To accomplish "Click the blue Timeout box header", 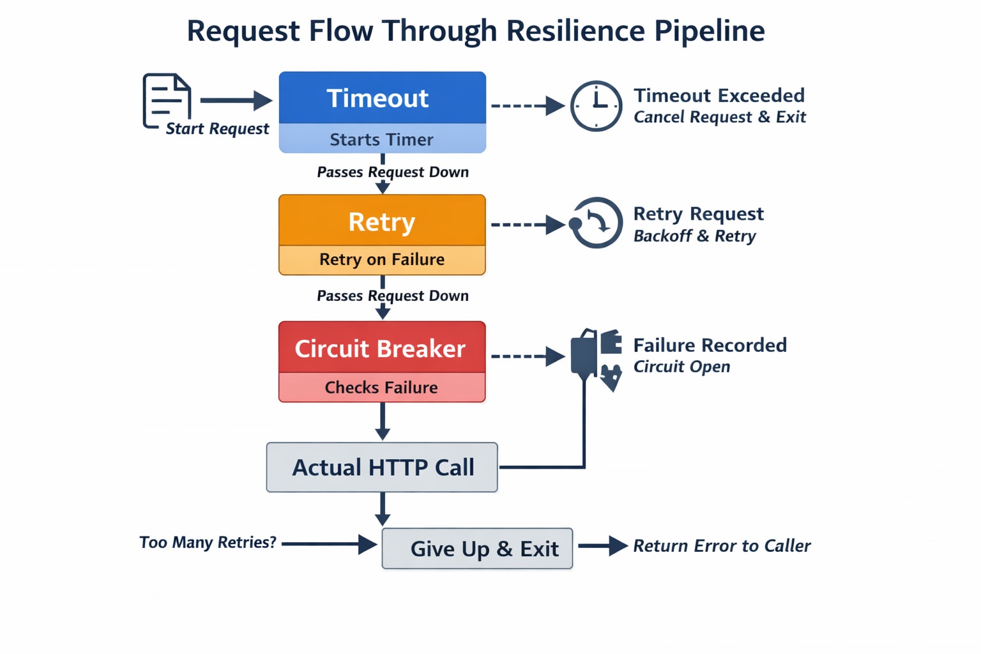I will pos(382,98).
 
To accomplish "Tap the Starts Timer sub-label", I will pos(382,139).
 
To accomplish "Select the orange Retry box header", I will pos(382,221).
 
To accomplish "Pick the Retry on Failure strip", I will pos(382,259).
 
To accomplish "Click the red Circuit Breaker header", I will pos(382,348).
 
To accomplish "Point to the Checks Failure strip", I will pos(382,387).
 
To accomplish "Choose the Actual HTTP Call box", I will pos(382,467).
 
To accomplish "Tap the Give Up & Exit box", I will pos(477,548).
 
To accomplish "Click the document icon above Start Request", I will pos(167,100).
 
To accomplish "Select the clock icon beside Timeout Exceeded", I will pos(596,106).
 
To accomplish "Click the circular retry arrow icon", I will pos(596,223).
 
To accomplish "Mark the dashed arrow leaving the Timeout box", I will pos(527,105).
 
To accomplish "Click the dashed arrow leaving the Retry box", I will pos(527,224).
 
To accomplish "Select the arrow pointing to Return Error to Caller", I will pos(602,545).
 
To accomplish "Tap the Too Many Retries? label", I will pos(208,542).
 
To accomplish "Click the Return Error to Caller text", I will pos(721,545).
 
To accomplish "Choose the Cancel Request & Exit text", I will pos(720,117).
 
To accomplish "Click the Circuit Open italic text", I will pos(681,367).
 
